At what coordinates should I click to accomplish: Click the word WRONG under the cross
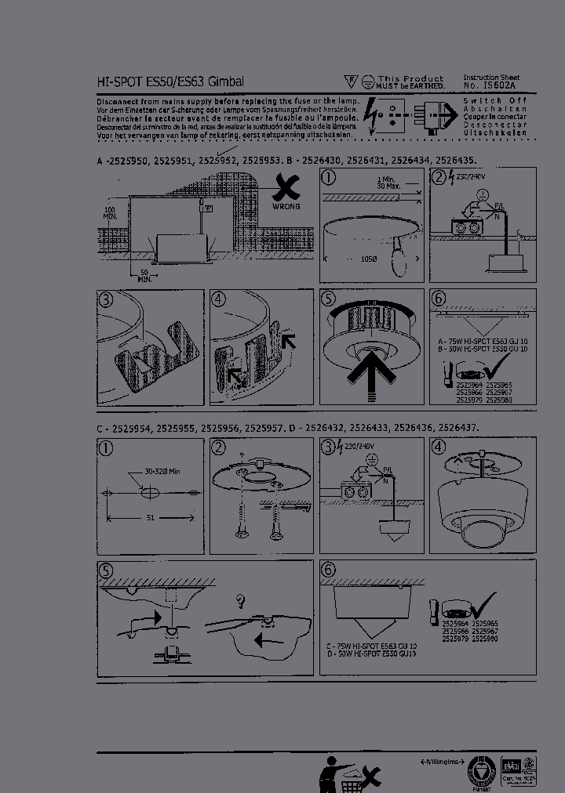(286, 207)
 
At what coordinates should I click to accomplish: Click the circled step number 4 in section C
(439, 448)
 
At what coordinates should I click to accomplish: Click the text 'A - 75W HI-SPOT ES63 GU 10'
(482, 342)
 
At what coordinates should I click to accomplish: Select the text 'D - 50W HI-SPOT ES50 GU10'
(371, 653)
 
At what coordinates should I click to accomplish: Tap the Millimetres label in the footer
(443, 762)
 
